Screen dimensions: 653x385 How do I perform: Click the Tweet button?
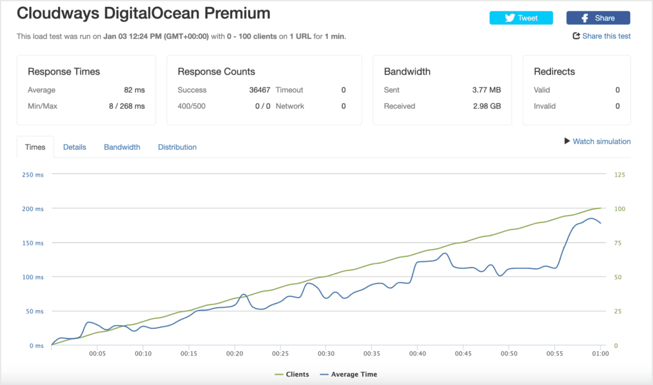tap(521, 18)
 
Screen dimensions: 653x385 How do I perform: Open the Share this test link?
tap(602, 36)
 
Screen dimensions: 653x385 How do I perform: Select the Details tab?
tap(75, 147)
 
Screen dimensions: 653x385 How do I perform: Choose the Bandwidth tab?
tap(122, 147)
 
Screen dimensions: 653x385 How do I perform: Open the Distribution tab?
tap(177, 147)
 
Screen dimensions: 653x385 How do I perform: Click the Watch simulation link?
tap(597, 142)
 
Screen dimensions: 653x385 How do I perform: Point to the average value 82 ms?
tap(134, 90)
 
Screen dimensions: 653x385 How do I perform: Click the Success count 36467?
tap(260, 90)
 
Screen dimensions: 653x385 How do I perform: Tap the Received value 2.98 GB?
tap(487, 106)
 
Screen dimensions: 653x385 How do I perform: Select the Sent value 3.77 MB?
tap(487, 90)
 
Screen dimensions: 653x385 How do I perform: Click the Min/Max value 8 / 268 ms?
tap(127, 106)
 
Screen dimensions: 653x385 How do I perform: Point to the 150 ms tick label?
tap(33, 243)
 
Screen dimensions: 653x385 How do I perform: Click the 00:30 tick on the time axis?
tap(326, 353)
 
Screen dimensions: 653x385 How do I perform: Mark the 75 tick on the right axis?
tap(618, 243)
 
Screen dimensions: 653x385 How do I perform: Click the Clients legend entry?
tap(292, 374)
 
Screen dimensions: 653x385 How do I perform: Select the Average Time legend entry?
tap(349, 374)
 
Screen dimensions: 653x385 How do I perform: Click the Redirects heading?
tap(554, 71)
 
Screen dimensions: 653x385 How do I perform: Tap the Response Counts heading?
tap(216, 71)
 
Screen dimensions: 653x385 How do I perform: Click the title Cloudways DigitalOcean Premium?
tap(143, 13)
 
